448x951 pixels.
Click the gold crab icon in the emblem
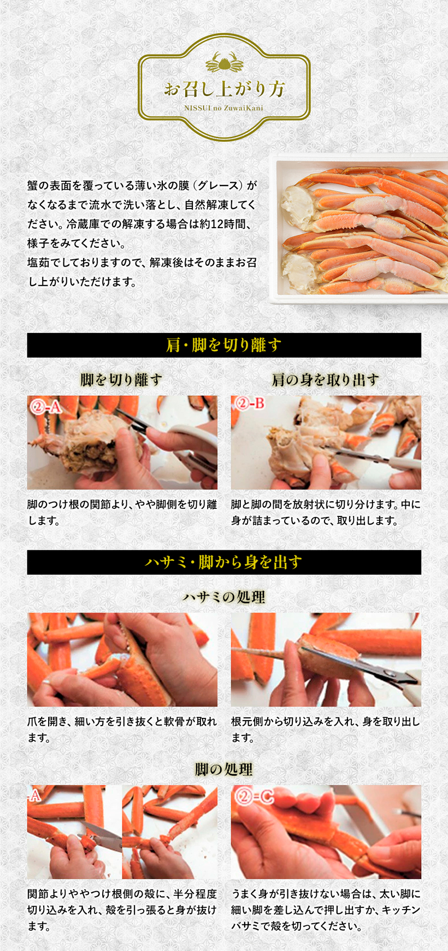[x=224, y=63]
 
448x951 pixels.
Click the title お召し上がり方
[x=224, y=88]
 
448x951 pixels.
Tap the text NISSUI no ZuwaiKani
[x=224, y=108]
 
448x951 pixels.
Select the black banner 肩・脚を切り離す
[x=224, y=345]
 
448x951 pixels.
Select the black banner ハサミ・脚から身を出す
[x=224, y=562]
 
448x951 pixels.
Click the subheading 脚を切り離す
[x=121, y=379]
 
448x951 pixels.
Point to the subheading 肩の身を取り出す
[x=326, y=379]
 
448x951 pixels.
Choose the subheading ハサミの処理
[x=224, y=597]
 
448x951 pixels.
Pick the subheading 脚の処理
[x=224, y=769]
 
